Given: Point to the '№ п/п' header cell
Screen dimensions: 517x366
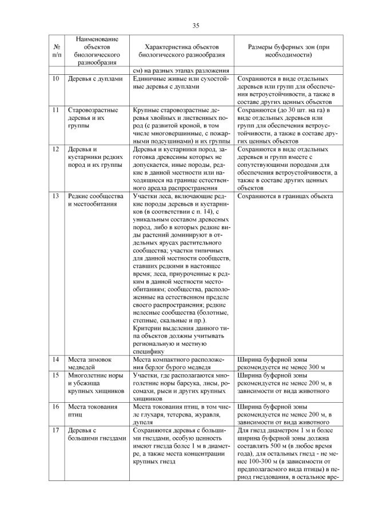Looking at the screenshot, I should [x=56, y=51].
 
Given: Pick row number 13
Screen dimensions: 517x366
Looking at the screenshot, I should [x=56, y=195].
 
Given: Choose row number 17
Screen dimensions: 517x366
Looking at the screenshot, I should [x=56, y=430].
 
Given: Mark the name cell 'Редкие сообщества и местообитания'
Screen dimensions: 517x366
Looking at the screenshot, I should [x=94, y=199].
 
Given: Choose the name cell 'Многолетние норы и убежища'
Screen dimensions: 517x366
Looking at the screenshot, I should [x=95, y=383].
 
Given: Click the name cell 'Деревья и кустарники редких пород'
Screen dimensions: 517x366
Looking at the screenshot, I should [x=94, y=158].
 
